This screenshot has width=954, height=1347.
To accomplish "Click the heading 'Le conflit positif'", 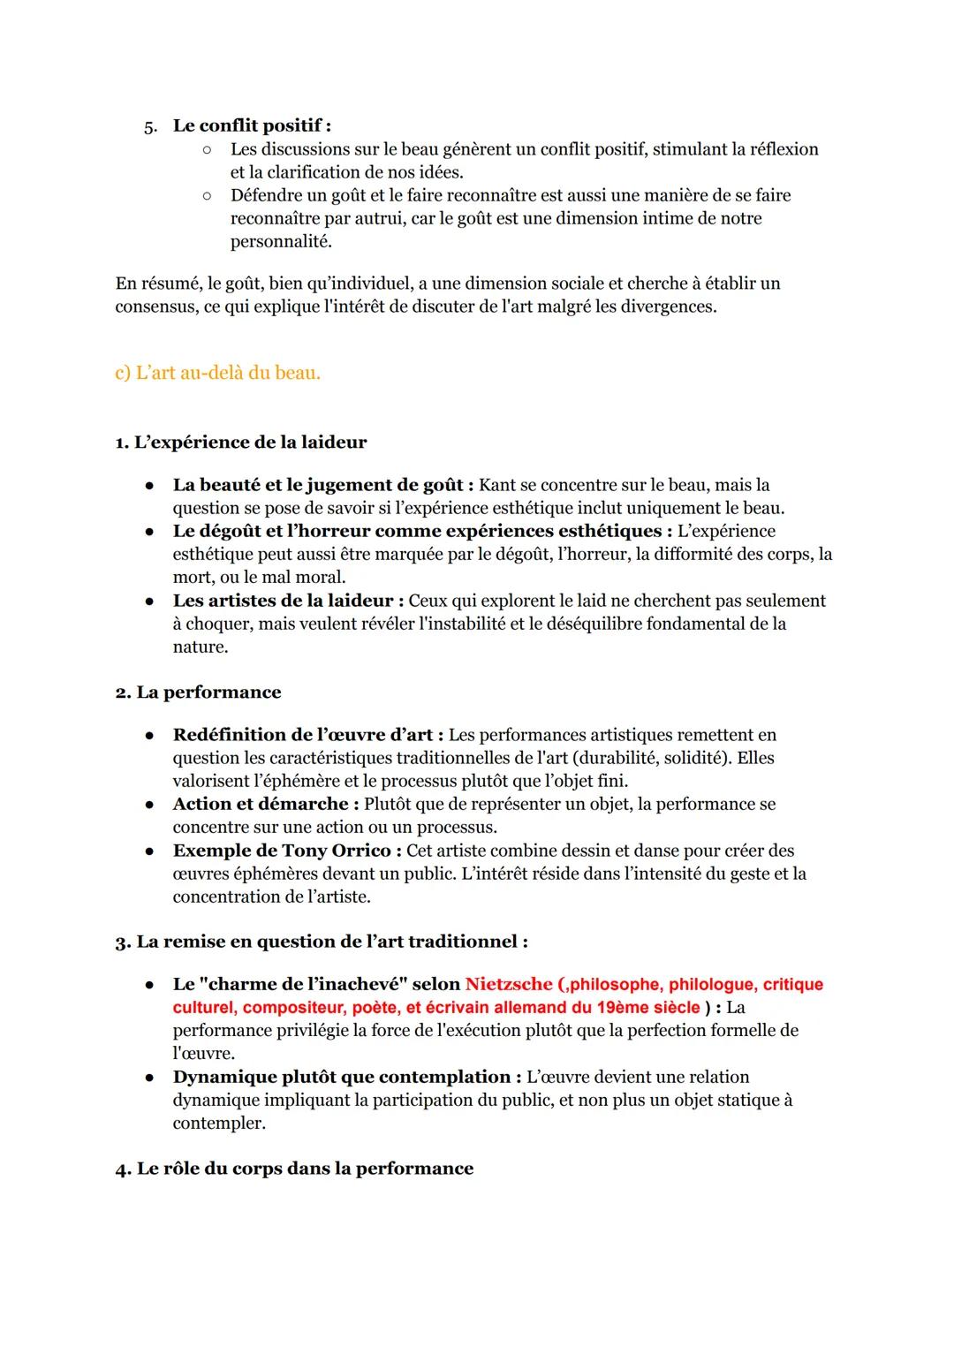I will pyautogui.click(x=251, y=125).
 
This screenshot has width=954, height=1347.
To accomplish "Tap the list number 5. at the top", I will pyautogui.click(x=151, y=126).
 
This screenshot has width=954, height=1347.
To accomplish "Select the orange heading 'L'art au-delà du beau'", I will pyautogui.click(x=217, y=373).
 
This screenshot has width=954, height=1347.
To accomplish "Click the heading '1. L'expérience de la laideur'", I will pyautogui.click(x=240, y=442).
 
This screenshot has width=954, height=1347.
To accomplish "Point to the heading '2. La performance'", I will pyautogui.click(x=198, y=692).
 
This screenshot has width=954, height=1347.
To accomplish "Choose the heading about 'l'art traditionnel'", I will pyautogui.click(x=322, y=942).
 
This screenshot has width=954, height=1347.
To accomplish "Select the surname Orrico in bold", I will pyautogui.click(x=360, y=851).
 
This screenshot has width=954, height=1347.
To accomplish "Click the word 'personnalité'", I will pyautogui.click(x=281, y=241).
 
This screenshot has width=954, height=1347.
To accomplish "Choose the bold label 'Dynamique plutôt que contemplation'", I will pyautogui.click(x=341, y=1077).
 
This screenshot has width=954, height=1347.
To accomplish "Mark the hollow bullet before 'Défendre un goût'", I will pyautogui.click(x=206, y=195).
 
